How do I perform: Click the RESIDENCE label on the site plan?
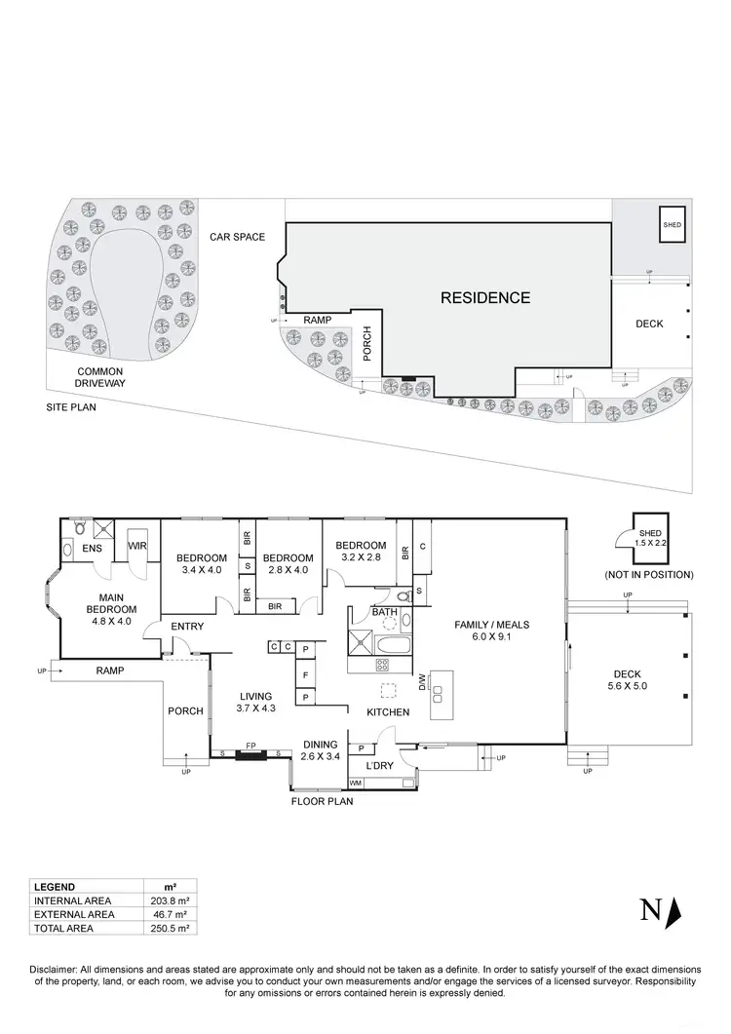point(483,297)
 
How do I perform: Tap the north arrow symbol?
point(673,911)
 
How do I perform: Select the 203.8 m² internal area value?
point(170,900)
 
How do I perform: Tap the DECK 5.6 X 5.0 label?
point(630,679)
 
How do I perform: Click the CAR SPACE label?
point(237,237)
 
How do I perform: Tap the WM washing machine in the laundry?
point(356,782)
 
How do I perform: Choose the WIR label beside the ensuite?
point(137,546)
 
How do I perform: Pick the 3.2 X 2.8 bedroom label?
point(361,553)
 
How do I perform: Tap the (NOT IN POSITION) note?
point(648,575)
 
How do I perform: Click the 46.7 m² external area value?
point(170,914)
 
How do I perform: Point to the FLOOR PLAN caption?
point(322,802)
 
